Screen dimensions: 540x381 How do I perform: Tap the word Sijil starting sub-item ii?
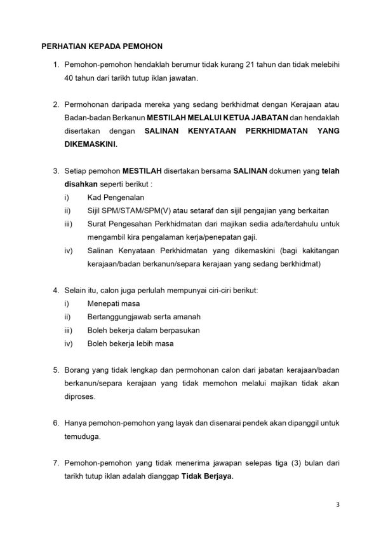[x=95, y=211]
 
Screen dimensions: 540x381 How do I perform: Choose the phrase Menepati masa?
[x=114, y=304]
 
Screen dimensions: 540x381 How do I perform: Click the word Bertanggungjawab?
[x=124, y=317]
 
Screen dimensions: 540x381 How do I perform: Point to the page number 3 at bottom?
[x=338, y=506]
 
